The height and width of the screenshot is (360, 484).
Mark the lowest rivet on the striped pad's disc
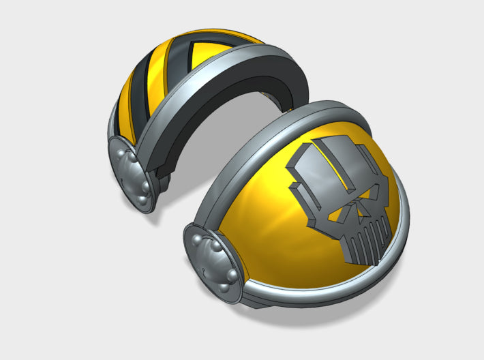(x=145, y=202)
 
